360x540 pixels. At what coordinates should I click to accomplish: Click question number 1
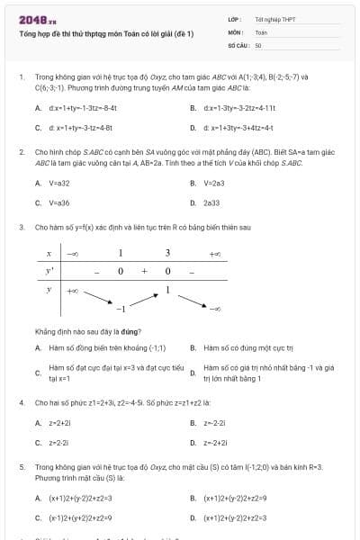pos(21,77)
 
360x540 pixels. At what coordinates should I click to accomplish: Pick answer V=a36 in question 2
pos(58,202)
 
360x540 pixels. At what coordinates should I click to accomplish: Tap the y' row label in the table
pos(49,271)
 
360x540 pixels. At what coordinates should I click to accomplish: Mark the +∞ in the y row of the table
pos(73,291)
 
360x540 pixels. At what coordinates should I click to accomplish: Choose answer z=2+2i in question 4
pos(59,422)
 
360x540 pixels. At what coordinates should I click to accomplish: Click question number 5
pos(21,468)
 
